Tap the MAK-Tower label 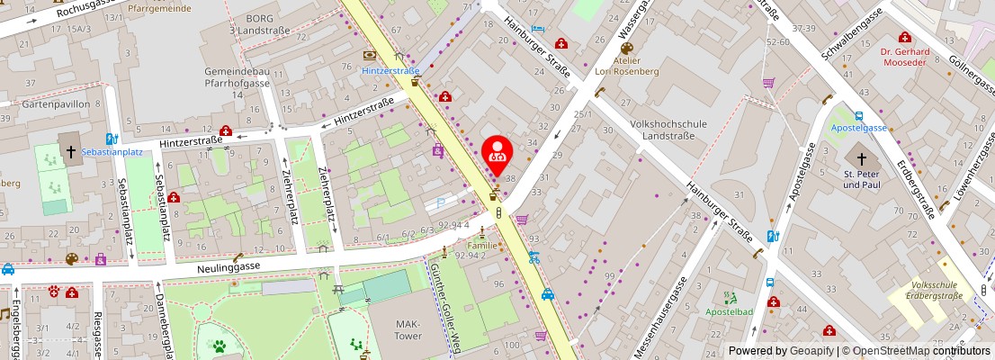pos(408,329)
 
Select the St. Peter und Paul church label pos(862,178)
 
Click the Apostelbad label pos(729,311)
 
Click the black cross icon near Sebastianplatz pos(69,152)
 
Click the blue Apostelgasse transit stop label pos(858,128)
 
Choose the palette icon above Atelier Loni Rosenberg pos(627,49)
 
